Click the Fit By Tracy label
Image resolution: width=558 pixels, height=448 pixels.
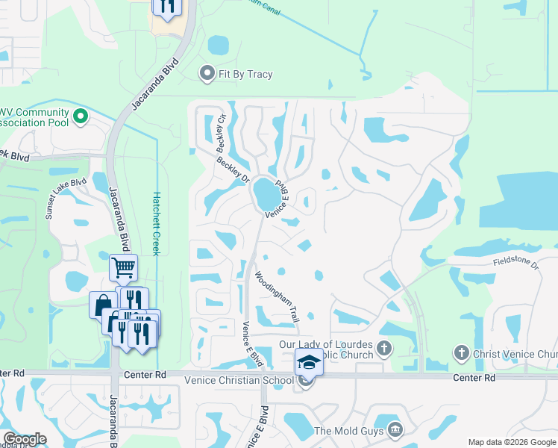click(245, 74)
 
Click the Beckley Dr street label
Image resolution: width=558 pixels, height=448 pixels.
click(233, 169)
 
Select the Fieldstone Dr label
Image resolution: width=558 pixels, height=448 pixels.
click(515, 262)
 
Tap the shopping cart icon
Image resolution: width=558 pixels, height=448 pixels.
click(123, 267)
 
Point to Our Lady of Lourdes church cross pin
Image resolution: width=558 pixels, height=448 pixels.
click(384, 349)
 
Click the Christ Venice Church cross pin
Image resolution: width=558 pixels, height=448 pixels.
click(461, 353)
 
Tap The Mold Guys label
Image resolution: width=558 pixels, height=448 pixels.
click(348, 431)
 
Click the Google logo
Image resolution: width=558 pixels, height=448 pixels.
click(25, 439)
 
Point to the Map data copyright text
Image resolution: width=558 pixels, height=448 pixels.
click(511, 442)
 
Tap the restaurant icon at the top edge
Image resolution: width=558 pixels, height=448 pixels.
click(166, 6)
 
